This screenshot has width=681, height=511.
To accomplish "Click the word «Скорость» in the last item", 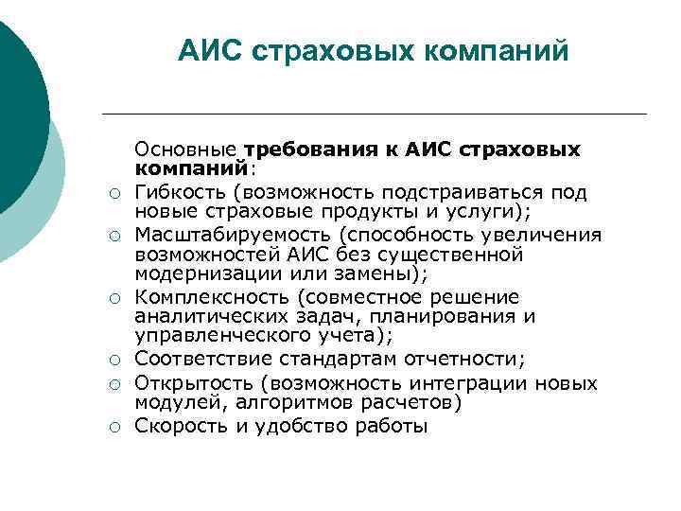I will coord(178,426).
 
